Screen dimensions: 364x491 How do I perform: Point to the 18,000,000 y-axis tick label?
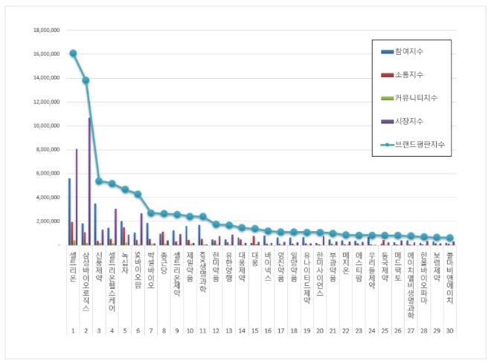pos(44,30)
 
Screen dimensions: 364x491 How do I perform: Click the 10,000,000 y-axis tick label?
pos(44,126)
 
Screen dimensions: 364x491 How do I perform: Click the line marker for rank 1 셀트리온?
pos(73,53)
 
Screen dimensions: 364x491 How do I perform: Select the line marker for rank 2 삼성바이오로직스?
pos(86,80)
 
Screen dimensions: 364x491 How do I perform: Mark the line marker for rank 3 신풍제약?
pos(99,181)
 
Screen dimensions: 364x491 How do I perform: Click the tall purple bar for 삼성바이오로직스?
pos(90,181)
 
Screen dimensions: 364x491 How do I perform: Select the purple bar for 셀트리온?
pos(77,197)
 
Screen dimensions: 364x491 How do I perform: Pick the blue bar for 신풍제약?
pos(95,224)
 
